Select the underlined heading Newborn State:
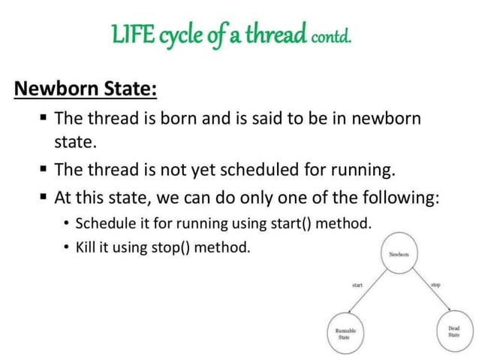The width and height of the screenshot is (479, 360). click(86, 89)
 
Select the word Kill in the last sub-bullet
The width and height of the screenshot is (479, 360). click(89, 247)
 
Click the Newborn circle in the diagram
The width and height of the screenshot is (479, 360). click(399, 255)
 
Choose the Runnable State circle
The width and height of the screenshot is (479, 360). click(346, 332)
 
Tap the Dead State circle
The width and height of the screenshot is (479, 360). click(453, 331)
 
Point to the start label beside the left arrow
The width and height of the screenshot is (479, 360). click(357, 286)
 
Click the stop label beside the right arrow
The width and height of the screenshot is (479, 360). click(436, 286)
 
